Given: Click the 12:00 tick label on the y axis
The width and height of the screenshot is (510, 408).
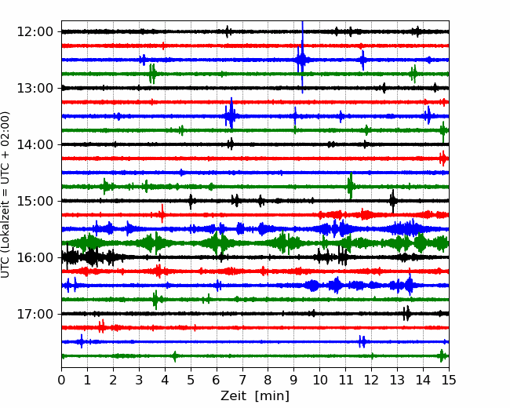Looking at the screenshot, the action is [x=35, y=32].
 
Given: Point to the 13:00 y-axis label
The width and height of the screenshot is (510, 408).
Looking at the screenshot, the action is [x=35, y=88].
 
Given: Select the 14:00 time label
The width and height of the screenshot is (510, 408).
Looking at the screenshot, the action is [x=35, y=144].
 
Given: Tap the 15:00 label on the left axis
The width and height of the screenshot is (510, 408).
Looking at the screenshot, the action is [x=35, y=201].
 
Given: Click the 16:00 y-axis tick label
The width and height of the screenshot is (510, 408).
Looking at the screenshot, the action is [x=35, y=257].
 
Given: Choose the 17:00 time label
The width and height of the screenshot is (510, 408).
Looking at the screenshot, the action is [x=35, y=314].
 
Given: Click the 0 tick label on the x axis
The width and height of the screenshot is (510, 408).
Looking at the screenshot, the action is [x=61, y=380].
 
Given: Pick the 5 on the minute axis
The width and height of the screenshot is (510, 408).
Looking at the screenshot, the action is [x=191, y=380].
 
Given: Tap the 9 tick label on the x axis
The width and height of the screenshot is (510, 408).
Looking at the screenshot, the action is [x=294, y=380].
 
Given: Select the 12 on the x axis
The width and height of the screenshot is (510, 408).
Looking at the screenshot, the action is [x=371, y=380].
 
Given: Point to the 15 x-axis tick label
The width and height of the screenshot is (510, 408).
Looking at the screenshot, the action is [x=449, y=380].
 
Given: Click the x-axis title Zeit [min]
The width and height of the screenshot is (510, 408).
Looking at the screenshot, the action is [x=255, y=396].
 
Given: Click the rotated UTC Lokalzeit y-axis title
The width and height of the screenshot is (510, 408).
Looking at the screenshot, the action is [x=5, y=195].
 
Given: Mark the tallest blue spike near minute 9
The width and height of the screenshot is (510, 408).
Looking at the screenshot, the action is [x=303, y=57].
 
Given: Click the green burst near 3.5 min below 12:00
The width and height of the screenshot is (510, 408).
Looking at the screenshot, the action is [x=152, y=74].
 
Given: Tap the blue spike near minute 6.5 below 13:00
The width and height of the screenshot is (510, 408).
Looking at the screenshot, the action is [x=231, y=113].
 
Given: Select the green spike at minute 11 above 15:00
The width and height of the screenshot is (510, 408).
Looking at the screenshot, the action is [x=350, y=186].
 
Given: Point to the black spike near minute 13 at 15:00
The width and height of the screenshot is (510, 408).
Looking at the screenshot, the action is [x=393, y=201].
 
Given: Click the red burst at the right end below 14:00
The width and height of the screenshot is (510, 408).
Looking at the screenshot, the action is [x=443, y=158].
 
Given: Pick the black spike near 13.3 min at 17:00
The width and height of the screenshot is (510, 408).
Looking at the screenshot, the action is [x=406, y=314].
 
